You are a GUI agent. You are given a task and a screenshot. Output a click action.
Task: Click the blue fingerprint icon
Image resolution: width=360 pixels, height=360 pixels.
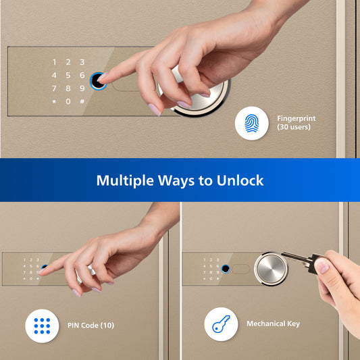pyautogui.click(x=252, y=124)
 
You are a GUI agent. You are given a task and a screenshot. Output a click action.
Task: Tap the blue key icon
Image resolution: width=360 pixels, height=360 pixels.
pyautogui.click(x=221, y=324)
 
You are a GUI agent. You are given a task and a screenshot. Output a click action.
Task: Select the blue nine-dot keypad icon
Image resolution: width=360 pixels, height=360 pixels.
pyautogui.click(x=42, y=326)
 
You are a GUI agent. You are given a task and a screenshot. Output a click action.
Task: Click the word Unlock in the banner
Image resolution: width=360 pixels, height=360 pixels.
pyautogui.click(x=240, y=180)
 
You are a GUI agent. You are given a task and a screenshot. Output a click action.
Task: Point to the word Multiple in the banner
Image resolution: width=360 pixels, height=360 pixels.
pyautogui.click(x=125, y=181)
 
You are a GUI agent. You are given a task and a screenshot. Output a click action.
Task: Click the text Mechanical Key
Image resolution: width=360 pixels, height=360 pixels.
pyautogui.click(x=274, y=324)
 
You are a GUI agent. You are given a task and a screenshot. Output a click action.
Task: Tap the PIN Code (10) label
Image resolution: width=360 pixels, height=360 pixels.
pyautogui.click(x=91, y=326)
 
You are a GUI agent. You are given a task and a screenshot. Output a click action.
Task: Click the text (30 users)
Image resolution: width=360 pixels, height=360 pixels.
pyautogui.click(x=294, y=127)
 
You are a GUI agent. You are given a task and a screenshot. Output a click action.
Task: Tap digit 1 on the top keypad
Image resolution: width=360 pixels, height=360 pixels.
pyautogui.click(x=54, y=62)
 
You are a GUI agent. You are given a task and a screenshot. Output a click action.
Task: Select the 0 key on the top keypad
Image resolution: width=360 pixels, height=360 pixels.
pyautogui.click(x=68, y=101)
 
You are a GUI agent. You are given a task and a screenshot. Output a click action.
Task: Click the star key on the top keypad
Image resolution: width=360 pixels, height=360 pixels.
pyautogui.click(x=54, y=101)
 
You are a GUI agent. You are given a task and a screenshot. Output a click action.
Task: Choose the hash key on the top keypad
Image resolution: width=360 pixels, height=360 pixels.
pyautogui.click(x=82, y=101)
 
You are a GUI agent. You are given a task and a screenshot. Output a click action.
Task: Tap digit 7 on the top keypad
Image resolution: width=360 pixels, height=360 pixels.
pyautogui.click(x=54, y=88)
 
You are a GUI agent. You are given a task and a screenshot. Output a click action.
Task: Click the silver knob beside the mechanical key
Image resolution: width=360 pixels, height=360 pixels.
pyautogui.click(x=271, y=269)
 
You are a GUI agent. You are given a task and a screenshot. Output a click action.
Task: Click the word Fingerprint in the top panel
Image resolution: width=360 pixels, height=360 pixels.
pyautogui.click(x=297, y=119)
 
